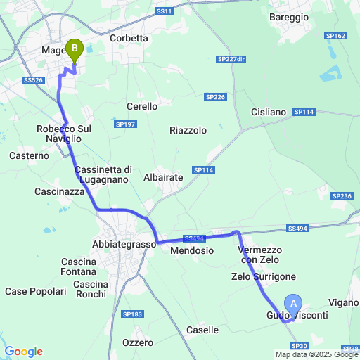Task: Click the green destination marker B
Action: point(74,50)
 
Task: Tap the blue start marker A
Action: point(293,303)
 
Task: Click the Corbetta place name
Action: point(129,39)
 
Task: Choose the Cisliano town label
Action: point(269,112)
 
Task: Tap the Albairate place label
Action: point(163,178)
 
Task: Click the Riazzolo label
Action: point(188,130)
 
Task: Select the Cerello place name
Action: point(142,105)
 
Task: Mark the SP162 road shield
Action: point(335,35)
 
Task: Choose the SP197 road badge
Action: point(124,124)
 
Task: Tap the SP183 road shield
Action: point(131,314)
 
